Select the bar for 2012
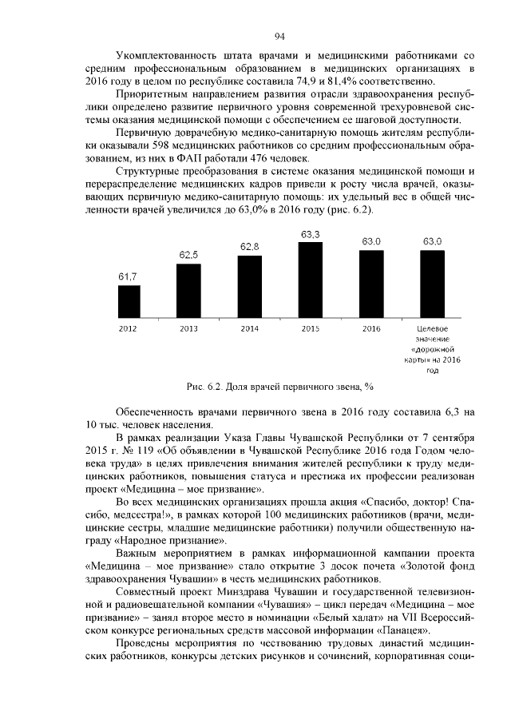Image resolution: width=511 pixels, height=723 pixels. pyautogui.click(x=129, y=301)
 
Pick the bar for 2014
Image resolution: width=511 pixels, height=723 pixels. pyautogui.click(x=250, y=286)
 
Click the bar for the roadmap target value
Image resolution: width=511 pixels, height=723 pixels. pyautogui.click(x=432, y=284)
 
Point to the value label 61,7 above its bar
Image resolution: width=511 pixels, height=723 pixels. pyautogui.click(x=129, y=276)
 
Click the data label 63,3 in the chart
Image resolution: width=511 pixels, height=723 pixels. pyautogui.click(x=311, y=233)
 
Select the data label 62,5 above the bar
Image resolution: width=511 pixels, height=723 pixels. pyautogui.click(x=189, y=255)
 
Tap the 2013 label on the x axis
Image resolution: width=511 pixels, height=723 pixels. pyautogui.click(x=189, y=329)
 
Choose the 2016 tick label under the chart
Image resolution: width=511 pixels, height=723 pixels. pyautogui.click(x=371, y=329)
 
